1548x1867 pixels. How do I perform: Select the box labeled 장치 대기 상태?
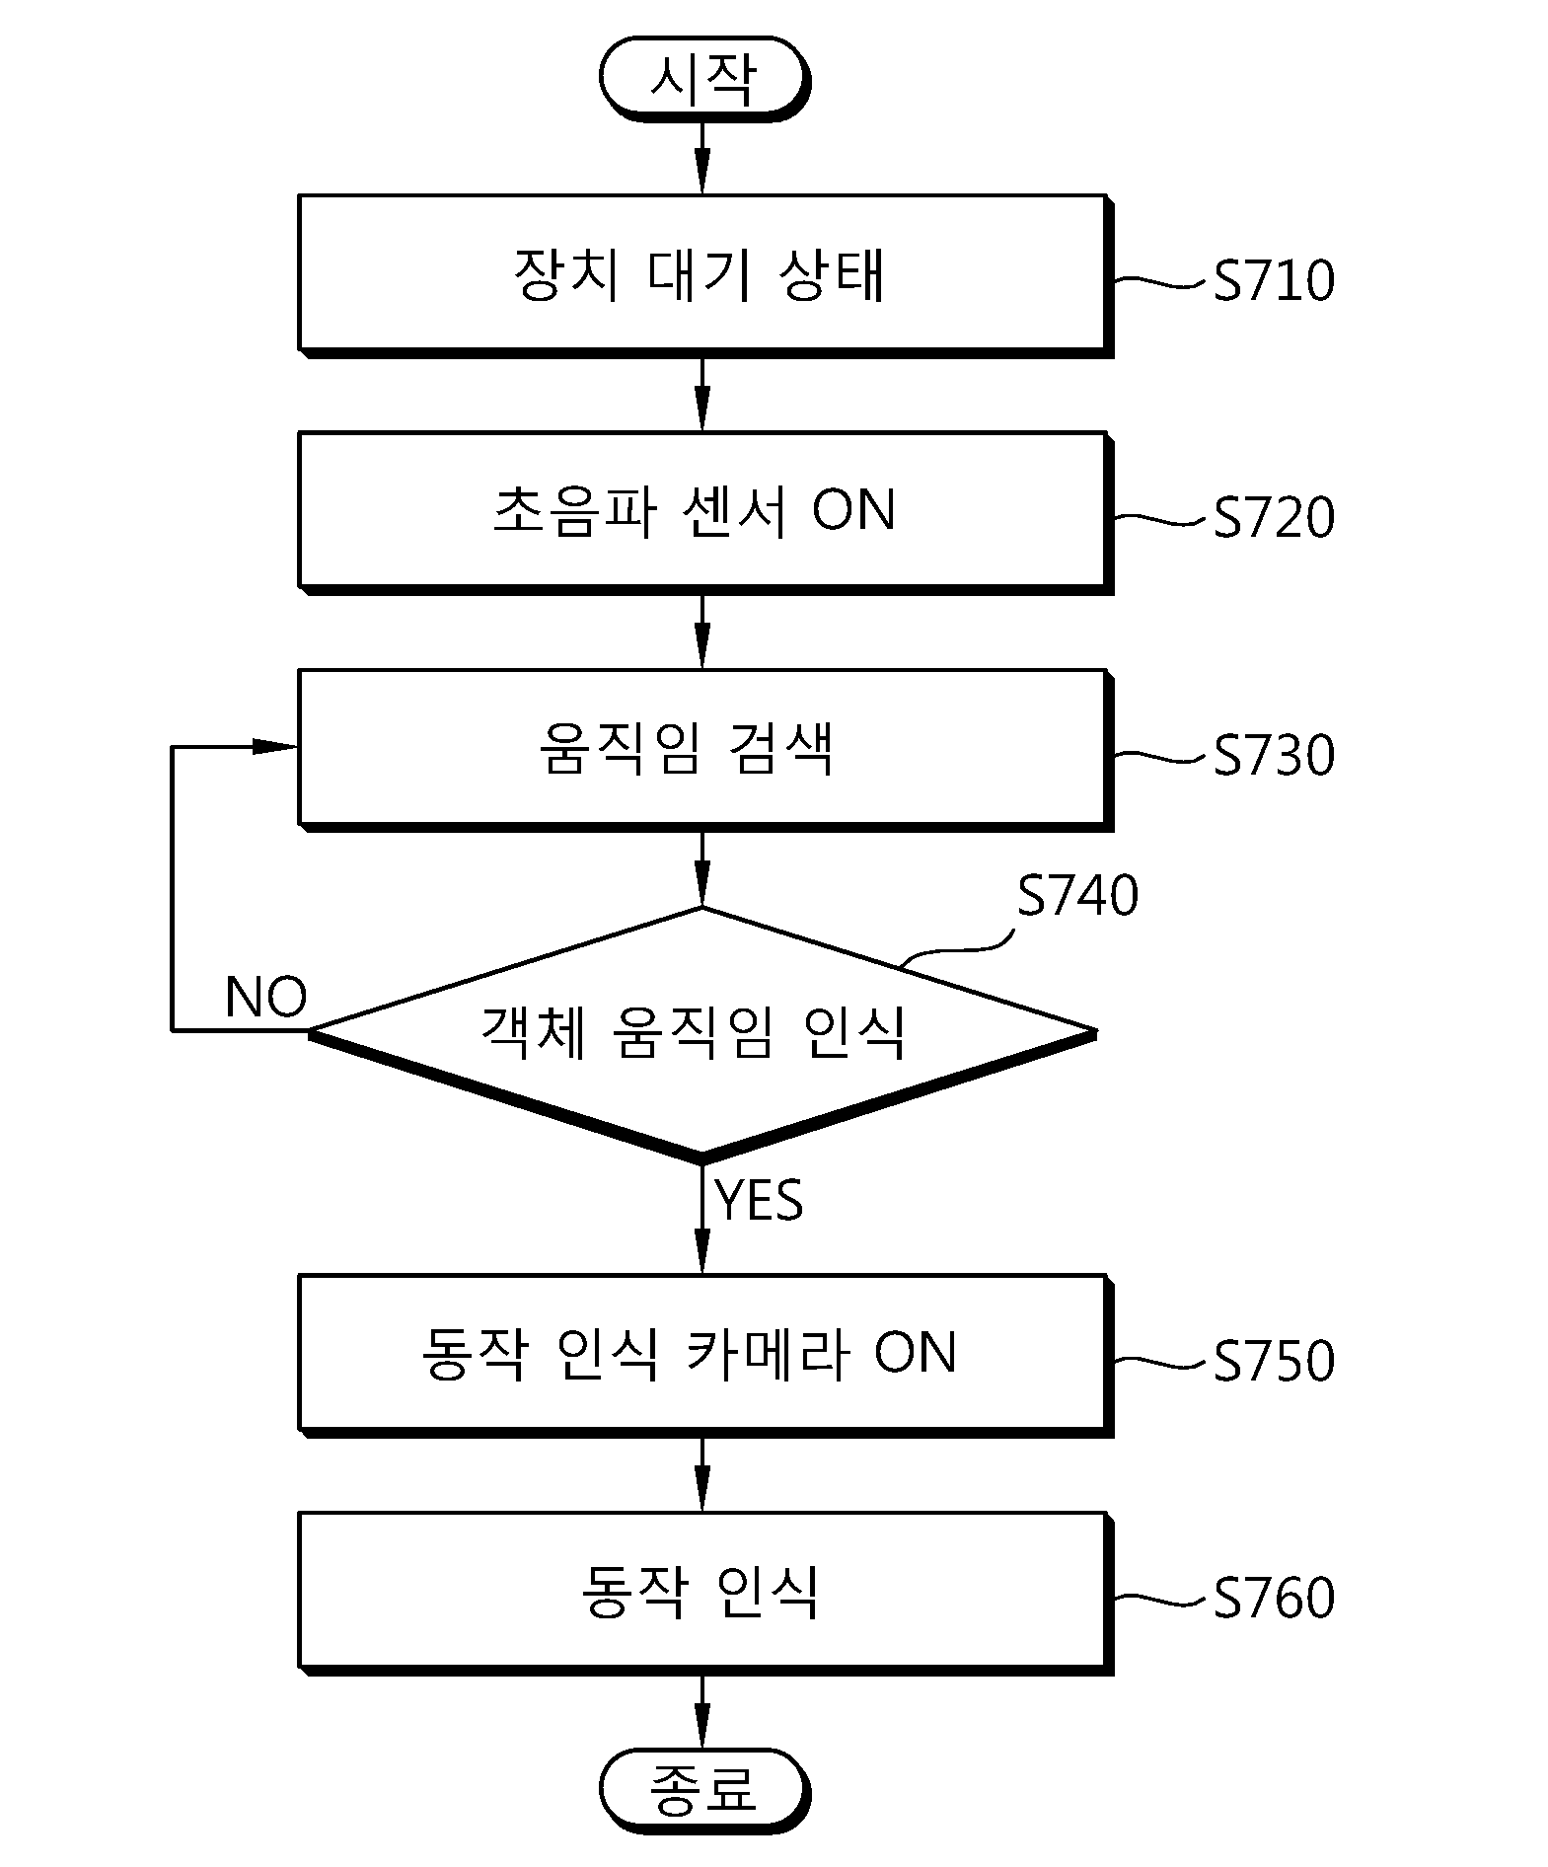pos(705,275)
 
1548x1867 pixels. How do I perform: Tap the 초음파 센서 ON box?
pos(705,513)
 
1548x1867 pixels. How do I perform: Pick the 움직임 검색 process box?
pos(705,751)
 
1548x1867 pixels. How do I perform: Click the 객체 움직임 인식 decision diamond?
pos(702,1033)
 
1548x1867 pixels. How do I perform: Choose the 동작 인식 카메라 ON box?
pos(705,1356)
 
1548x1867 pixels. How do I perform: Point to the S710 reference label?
pos(1274,280)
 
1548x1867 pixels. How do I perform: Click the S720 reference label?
pos(1274,517)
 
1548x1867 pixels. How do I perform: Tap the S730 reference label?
pos(1274,755)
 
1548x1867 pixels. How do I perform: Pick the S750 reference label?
pos(1274,1360)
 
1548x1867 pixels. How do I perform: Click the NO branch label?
pos(265,997)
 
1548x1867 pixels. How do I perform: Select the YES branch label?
pos(759,1200)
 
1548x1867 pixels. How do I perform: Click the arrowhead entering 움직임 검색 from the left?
pos(275,747)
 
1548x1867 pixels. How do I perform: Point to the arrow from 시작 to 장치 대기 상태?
pos(701,158)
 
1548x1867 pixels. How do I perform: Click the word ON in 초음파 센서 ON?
pos(853,511)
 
